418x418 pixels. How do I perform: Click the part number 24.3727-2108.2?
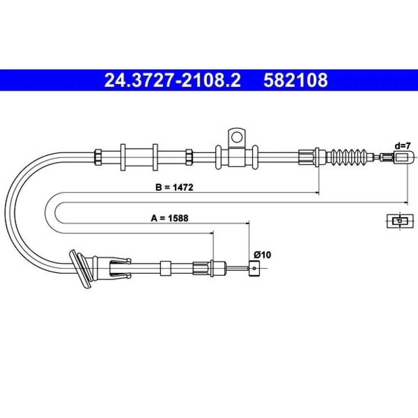pos(173,80)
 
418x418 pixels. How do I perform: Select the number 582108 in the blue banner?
pos(296,80)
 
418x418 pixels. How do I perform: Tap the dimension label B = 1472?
pos(174,187)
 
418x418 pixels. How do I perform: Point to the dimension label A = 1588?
pos(170,218)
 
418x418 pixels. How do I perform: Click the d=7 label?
pos(403,146)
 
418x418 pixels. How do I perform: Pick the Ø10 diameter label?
pos(263,255)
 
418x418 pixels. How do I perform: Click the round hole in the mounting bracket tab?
pos(236,138)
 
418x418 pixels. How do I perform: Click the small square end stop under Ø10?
pos(254,268)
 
